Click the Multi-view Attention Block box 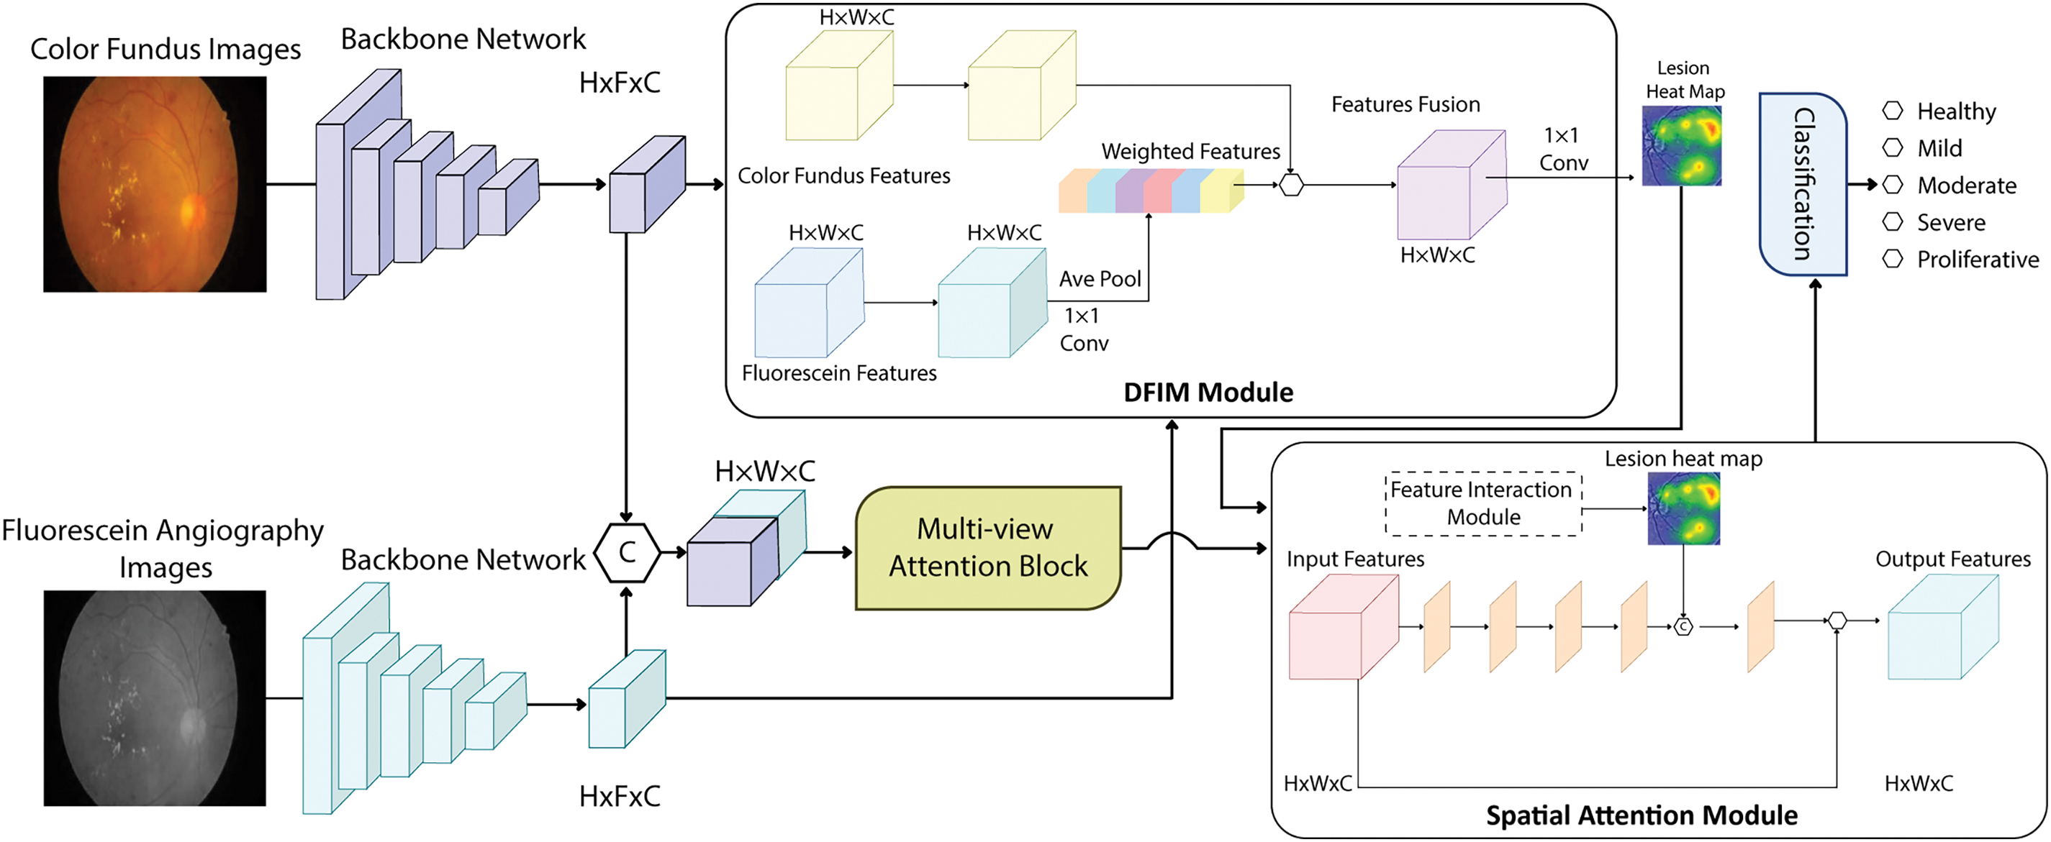coord(987,549)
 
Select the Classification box coord(1803,184)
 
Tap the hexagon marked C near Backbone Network coord(627,552)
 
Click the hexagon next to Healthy coord(1893,111)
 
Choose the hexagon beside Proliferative coord(1893,259)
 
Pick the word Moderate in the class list coord(1967,186)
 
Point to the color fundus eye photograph coord(155,184)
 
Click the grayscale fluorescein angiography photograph coord(155,698)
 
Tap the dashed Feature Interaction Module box coord(1483,504)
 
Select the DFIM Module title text coord(1208,393)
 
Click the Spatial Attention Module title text coord(1642,815)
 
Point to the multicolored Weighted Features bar coord(1150,191)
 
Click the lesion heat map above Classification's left coord(1682,147)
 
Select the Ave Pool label coord(1100,278)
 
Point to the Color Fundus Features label coord(844,176)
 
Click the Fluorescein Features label coord(839,373)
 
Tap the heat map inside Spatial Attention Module coord(1683,508)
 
